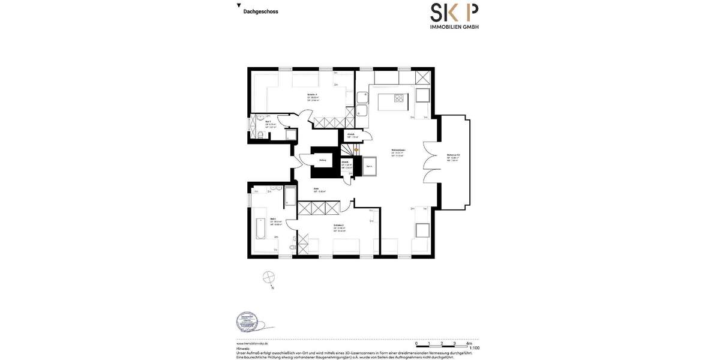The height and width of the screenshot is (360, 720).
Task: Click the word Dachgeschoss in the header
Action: coord(260,11)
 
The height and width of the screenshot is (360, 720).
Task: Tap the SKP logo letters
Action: coord(454,13)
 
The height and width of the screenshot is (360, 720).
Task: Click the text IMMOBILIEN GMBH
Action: coord(454,26)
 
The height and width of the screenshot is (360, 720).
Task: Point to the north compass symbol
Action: coord(269,277)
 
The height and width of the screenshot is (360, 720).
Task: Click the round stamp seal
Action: coord(246,322)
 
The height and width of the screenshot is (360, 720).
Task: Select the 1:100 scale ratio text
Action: coord(474,348)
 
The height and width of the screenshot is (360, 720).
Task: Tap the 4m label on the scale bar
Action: coord(469,344)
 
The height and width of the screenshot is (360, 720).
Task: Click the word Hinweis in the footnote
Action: coord(243,348)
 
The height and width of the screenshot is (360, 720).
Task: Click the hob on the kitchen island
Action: coord(398,97)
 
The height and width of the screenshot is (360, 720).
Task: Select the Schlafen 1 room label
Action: coord(312,95)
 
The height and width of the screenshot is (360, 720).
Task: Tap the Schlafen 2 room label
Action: coord(338,226)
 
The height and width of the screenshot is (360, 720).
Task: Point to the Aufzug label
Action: coord(323,160)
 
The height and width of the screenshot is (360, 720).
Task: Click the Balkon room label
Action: coord(452,155)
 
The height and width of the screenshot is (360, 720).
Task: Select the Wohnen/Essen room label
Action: coord(398,150)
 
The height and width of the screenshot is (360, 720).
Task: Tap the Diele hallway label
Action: coord(316,188)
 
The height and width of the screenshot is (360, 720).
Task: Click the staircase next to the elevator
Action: coord(349,150)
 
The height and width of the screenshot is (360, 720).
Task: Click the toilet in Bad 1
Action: coord(259,136)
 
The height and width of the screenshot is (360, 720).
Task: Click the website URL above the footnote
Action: coord(252,343)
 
